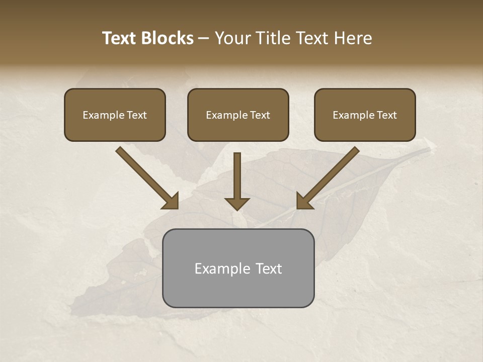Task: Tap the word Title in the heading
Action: click(274, 38)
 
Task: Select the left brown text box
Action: click(115, 115)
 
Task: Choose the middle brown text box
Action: click(238, 115)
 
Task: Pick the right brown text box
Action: click(365, 115)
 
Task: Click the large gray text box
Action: click(238, 268)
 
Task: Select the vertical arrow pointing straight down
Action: click(237, 178)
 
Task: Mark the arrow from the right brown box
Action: click(330, 176)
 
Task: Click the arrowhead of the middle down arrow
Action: click(237, 204)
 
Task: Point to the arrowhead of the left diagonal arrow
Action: click(171, 202)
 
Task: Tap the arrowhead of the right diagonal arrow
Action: click(304, 202)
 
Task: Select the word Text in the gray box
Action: click(269, 268)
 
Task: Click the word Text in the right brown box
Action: click(387, 115)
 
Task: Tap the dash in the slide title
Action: click(204, 38)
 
